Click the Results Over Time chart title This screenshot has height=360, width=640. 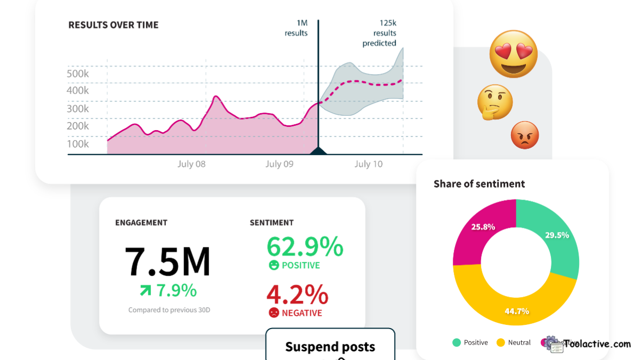coord(113,25)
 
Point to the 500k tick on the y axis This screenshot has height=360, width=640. coord(78,74)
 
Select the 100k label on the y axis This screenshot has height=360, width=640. coord(78,144)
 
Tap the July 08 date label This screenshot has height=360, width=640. coord(191,164)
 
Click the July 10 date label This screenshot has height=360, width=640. coord(369,164)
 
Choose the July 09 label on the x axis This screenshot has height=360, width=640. coord(279,164)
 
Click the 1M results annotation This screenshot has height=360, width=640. coord(296,28)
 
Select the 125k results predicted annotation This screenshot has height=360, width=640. coord(379,33)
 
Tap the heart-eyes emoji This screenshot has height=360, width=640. coord(514,54)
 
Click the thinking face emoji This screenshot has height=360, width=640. coord(495,102)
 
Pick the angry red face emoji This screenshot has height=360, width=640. coord(525,135)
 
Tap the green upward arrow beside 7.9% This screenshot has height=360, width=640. coord(145,291)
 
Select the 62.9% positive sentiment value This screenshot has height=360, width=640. coord(305,246)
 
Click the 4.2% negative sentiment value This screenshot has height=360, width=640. coord(297,294)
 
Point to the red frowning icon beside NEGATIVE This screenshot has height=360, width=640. coord(274,313)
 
